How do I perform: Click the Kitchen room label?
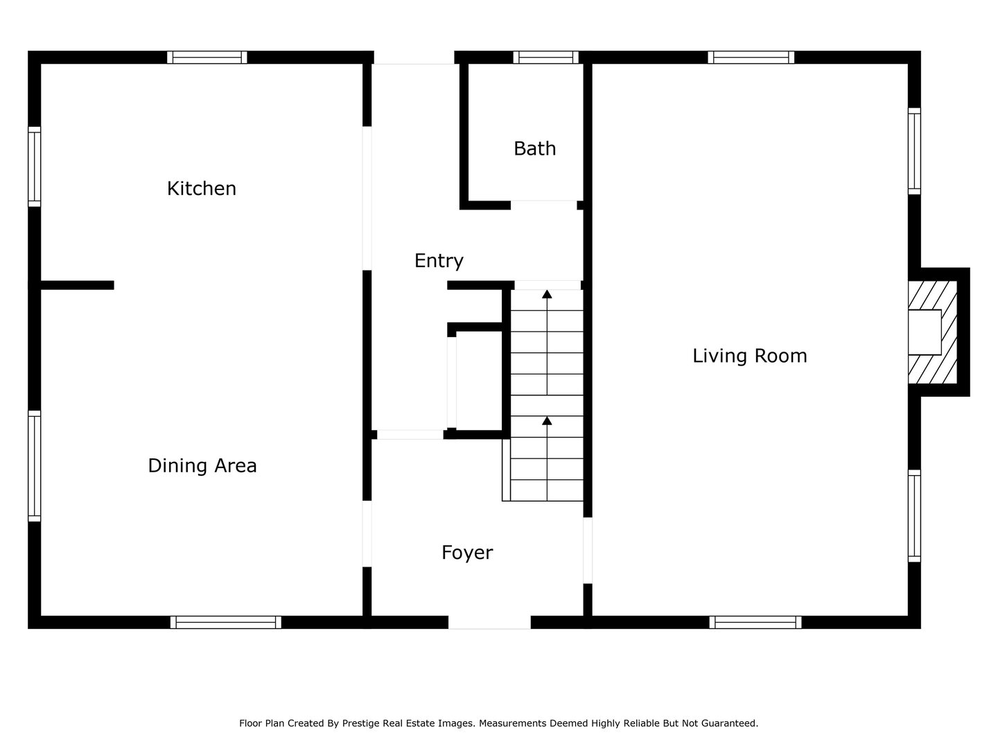point(202,189)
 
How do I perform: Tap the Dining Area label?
point(202,465)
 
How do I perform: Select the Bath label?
point(534,148)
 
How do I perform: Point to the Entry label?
point(439,261)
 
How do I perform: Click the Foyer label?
point(467,553)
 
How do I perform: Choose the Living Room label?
point(750,356)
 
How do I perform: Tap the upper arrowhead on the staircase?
point(547,294)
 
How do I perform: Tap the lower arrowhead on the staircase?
point(547,420)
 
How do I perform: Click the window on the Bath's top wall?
point(545,58)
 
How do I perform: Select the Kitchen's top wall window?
point(207,58)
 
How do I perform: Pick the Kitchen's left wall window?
point(34,166)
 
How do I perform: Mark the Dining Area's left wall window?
point(34,465)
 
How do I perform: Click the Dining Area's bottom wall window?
point(226,622)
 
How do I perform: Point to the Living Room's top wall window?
point(751,58)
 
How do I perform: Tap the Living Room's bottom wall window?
point(755,622)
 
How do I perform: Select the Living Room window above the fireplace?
point(914,151)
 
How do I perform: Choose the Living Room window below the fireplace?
point(914,515)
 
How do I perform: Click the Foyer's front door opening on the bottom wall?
point(489,622)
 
